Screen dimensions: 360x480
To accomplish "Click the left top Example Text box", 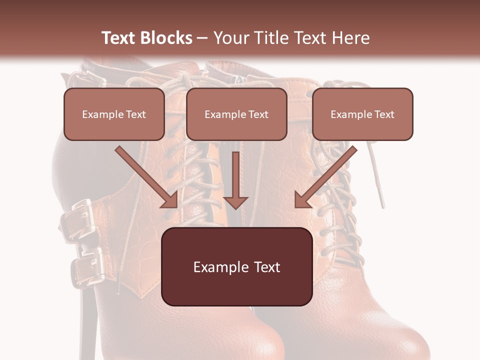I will point(114,114).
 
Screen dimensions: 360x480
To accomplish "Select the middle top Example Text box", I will point(236,114).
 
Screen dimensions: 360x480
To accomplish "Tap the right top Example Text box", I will point(362,114).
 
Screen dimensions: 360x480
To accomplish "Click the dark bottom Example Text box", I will point(236,266).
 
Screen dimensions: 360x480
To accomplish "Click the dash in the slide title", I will point(202,38).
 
